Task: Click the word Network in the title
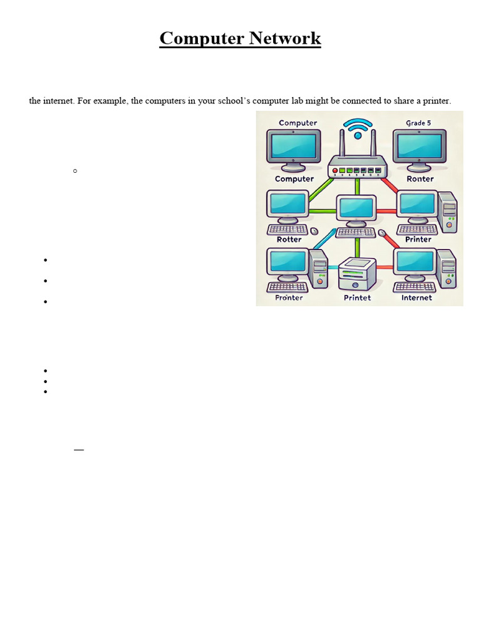(285, 39)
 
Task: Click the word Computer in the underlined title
(202, 39)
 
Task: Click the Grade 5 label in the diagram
(418, 123)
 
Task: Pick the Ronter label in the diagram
(420, 179)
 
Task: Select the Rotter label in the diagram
(289, 239)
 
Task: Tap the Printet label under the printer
(357, 298)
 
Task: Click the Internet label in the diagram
(416, 298)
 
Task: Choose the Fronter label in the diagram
(289, 298)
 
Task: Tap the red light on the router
(335, 170)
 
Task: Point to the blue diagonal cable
(324, 238)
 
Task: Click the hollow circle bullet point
(75, 170)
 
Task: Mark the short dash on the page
(79, 449)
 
